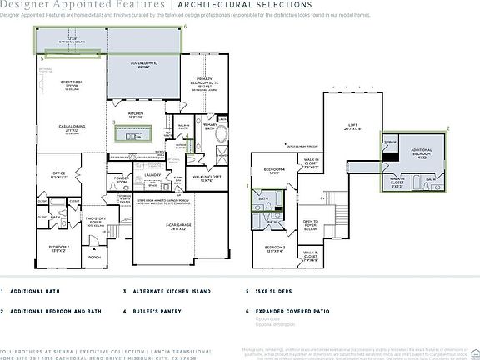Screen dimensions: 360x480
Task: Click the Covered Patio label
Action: pyautogui.click(x=144, y=63)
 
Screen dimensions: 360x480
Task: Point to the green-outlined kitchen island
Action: pyautogui.click(x=137, y=131)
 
